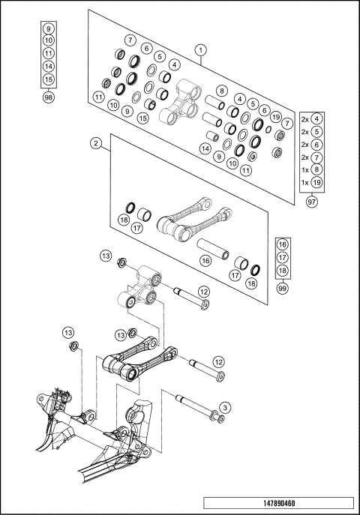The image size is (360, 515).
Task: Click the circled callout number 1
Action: [200, 50]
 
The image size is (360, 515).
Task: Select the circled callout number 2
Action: [97, 142]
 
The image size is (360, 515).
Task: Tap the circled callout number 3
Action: [224, 407]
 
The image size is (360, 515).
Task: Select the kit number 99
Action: [283, 288]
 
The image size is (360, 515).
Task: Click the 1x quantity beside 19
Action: [305, 182]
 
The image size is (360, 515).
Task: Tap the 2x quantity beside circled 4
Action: [305, 118]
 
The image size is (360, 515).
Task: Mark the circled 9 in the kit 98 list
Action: [49, 27]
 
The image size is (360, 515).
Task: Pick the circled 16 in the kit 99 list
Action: [283, 244]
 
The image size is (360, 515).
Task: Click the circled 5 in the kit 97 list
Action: [318, 131]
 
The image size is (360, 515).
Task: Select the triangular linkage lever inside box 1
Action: [179, 105]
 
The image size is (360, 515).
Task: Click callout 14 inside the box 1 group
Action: [204, 148]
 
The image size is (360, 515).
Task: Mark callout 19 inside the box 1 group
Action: [276, 118]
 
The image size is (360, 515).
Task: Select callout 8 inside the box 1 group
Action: [222, 91]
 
